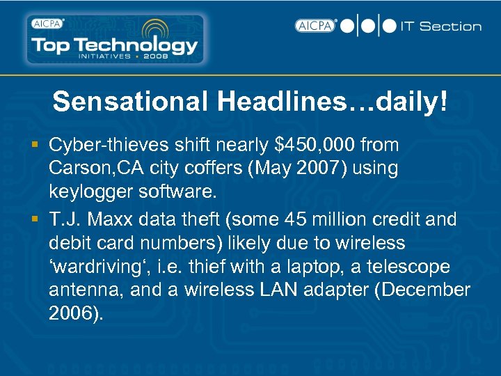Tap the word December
click(x=423, y=290)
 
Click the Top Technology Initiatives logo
click(x=116, y=40)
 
